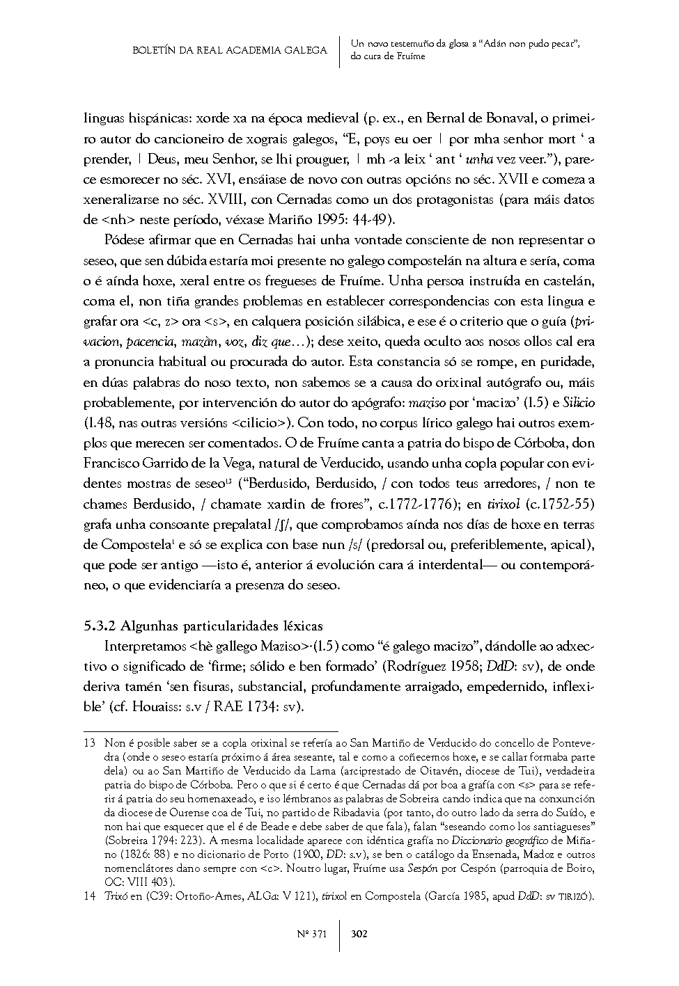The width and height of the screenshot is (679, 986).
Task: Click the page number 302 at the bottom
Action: (359, 933)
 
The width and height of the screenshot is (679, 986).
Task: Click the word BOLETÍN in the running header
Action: (153, 50)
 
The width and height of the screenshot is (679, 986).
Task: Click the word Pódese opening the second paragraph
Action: (123, 241)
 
